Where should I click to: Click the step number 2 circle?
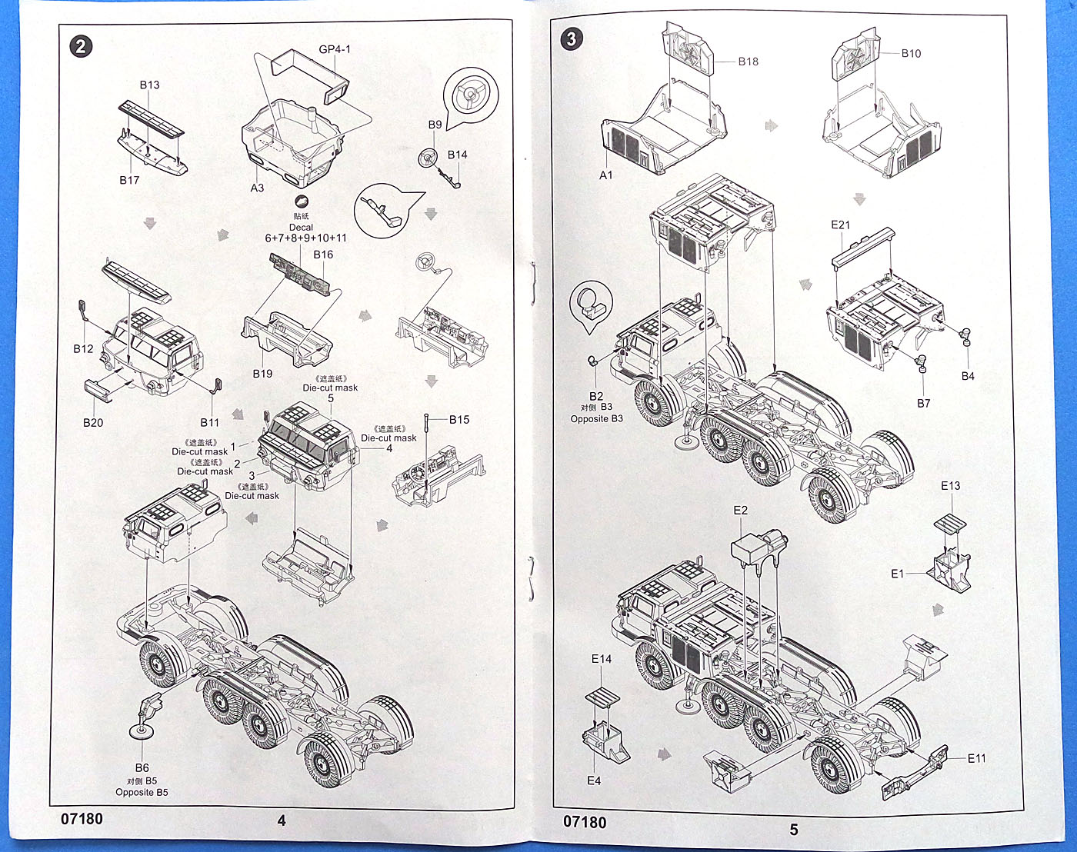[x=81, y=46]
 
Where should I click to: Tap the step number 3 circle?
[x=571, y=38]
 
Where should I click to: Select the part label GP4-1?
[x=335, y=49]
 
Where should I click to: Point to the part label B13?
[x=149, y=85]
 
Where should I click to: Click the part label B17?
[x=129, y=180]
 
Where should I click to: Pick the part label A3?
[x=257, y=188]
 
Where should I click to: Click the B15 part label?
[x=459, y=419]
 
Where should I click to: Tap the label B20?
[x=92, y=422]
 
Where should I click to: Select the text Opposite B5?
[x=142, y=792]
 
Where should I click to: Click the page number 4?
[x=282, y=820]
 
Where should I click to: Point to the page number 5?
[x=794, y=829]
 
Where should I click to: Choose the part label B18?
[x=748, y=62]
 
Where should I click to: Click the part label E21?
[x=841, y=225]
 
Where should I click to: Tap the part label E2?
[x=740, y=510]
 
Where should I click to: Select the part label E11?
[x=976, y=758]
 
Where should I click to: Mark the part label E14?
[x=602, y=659]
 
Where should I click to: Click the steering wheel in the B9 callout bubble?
[x=468, y=94]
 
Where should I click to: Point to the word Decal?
[x=301, y=227]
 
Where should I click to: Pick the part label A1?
[x=606, y=175]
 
